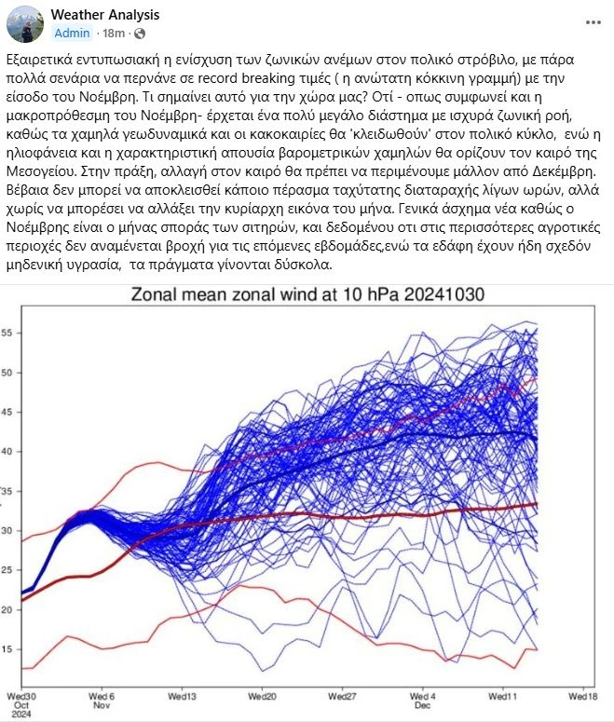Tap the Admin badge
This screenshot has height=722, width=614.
tap(73, 33)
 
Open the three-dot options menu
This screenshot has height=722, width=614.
tap(594, 21)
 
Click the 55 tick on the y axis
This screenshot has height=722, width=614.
tap(7, 333)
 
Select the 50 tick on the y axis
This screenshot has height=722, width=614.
tap(7, 373)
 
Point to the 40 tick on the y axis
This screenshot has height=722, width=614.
tap(7, 452)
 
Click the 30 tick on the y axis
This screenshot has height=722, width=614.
tap(7, 531)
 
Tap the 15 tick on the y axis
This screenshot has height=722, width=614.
tap(7, 649)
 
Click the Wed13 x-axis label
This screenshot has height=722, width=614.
tap(181, 695)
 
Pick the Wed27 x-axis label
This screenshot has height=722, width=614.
tap(342, 695)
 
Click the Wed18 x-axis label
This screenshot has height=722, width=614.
tap(582, 695)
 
